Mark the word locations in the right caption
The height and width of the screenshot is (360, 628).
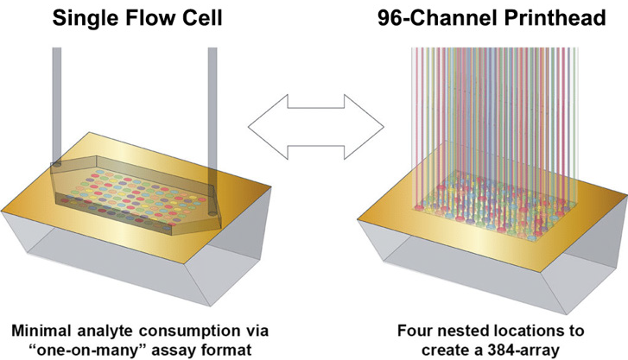tap(532, 329)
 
